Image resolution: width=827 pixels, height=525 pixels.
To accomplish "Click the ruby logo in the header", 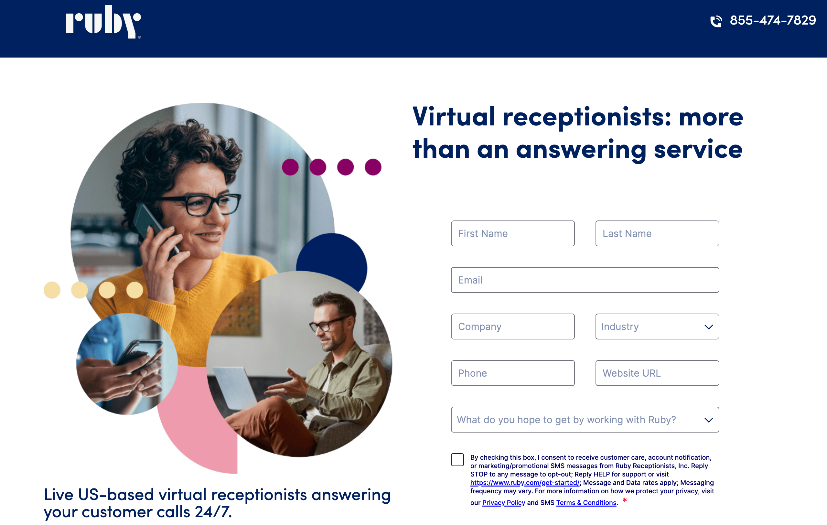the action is (103, 22).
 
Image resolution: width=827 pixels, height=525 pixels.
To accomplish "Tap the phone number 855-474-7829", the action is (773, 20).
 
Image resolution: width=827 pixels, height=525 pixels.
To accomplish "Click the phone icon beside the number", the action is (716, 21).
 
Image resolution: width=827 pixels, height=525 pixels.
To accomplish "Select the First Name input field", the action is (513, 233).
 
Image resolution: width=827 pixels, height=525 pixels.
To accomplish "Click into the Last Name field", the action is (657, 233).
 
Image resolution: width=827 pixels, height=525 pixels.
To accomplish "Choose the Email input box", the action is (585, 280).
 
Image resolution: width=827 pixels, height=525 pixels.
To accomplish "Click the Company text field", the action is (513, 327).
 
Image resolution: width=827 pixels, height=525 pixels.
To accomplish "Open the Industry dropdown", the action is (657, 327).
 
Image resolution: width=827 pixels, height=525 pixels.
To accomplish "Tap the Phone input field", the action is (513, 373).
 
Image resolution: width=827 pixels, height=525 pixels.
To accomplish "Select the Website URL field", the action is (657, 373).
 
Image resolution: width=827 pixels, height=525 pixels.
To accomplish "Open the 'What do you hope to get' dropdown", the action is (585, 420).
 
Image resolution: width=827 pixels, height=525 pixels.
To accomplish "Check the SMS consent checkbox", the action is (457, 459).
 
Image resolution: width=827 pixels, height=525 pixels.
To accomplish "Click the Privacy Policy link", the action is (503, 503).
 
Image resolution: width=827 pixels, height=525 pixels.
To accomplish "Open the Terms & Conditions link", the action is (586, 503).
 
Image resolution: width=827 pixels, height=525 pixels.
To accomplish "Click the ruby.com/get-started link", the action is (525, 483).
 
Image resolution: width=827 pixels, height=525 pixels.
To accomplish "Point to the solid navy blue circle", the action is (332, 261).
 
